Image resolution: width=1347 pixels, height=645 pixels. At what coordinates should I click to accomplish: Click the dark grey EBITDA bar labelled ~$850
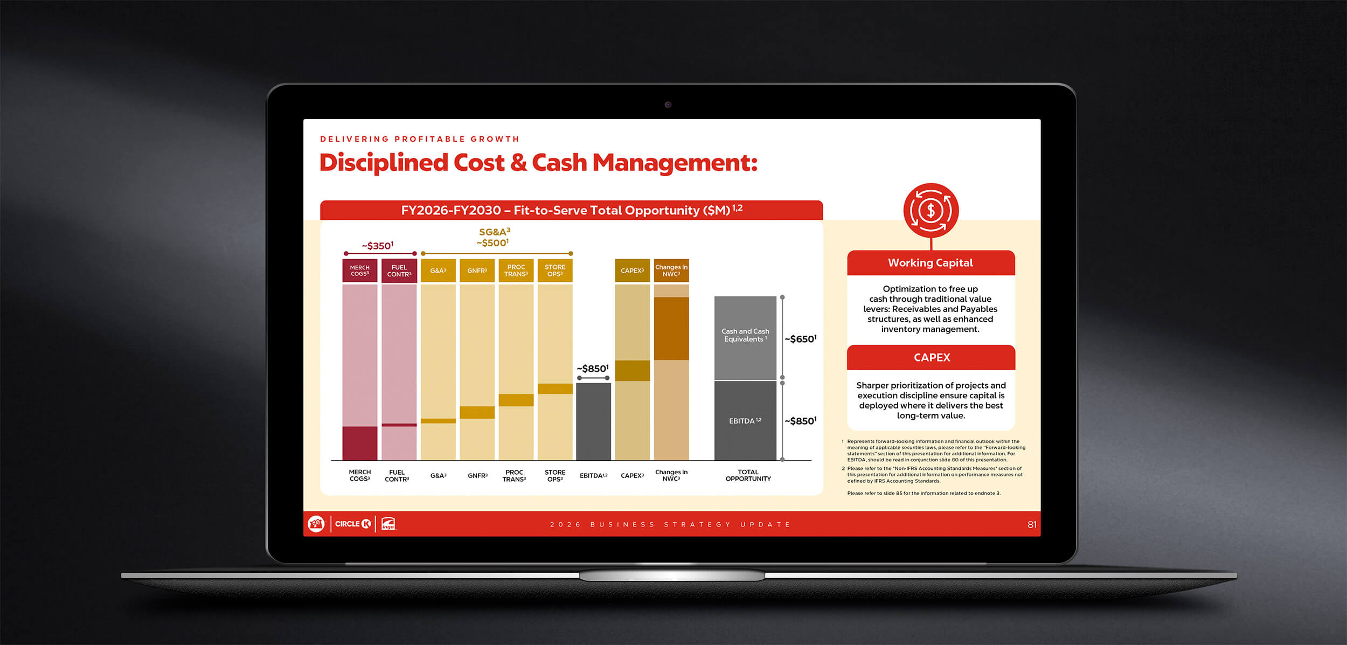[x=593, y=421]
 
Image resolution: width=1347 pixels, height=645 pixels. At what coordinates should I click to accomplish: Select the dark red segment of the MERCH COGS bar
[x=360, y=443]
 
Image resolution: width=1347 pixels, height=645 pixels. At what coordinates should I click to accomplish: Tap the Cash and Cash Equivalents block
[x=745, y=338]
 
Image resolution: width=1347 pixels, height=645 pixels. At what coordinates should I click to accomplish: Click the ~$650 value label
[x=800, y=339]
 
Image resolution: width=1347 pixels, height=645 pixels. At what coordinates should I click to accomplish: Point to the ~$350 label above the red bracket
[x=377, y=246]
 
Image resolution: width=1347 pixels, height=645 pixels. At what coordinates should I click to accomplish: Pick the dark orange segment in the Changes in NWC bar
[x=671, y=328]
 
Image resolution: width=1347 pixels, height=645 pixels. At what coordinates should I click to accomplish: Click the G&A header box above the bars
[x=438, y=271]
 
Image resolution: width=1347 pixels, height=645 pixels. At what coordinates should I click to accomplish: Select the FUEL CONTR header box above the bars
[x=399, y=271]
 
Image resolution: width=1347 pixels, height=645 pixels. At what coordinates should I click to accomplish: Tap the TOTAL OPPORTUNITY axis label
[x=748, y=475]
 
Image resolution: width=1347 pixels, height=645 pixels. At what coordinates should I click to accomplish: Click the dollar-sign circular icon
[x=931, y=210]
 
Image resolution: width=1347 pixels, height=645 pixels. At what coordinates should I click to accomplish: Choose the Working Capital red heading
[x=931, y=263]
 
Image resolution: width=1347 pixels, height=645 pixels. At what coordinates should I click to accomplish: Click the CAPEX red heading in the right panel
[x=932, y=357]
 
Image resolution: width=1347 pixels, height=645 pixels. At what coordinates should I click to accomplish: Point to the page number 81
[x=1032, y=524]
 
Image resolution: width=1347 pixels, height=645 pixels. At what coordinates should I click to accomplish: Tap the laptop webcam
[x=668, y=105]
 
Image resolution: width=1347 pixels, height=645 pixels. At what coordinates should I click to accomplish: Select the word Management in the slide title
[x=675, y=163]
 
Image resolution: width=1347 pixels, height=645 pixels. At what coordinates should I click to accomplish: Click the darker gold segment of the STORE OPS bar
[x=555, y=389]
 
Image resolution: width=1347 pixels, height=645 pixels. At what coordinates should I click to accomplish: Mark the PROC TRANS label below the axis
[x=514, y=475]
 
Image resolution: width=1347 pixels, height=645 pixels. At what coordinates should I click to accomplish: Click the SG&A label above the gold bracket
[x=495, y=232]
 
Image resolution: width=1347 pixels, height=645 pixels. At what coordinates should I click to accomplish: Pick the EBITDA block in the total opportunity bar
[x=745, y=421]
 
